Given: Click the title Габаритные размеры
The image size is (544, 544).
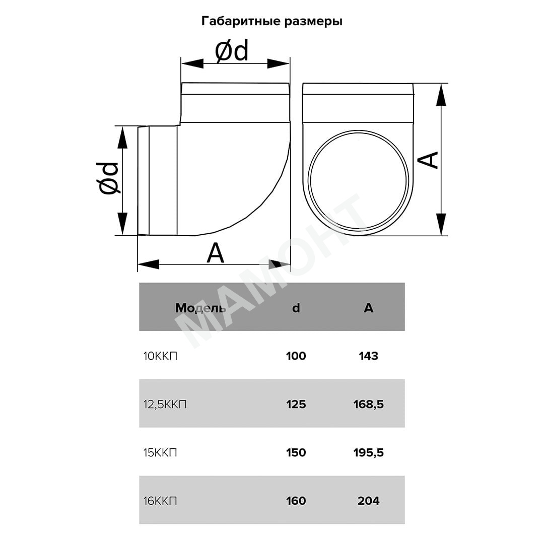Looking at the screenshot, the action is (x=271, y=22).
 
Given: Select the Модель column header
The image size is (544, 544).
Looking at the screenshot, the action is (x=200, y=308).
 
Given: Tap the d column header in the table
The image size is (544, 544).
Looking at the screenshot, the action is (x=296, y=308).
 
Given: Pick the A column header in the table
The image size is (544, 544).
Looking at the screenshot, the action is (x=368, y=308).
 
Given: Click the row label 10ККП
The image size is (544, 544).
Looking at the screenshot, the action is (x=160, y=356).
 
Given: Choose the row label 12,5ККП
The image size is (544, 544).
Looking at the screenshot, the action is (x=165, y=404).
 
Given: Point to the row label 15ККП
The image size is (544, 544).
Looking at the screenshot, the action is (x=160, y=452).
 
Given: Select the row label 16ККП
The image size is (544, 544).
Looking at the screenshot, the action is (x=160, y=501).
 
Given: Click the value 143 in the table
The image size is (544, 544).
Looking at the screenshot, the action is (x=368, y=356).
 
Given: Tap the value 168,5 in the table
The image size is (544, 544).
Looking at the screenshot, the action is (x=368, y=404).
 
